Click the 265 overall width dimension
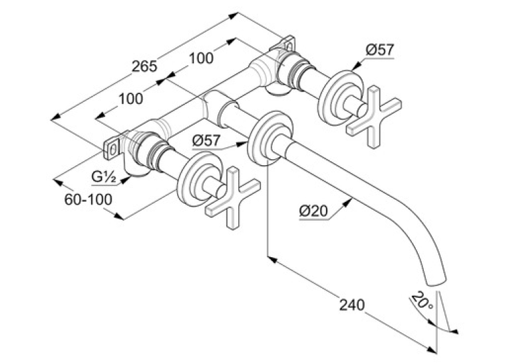[x=144, y=67]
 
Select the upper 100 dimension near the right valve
[x=201, y=58]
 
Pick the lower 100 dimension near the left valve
[x=130, y=99]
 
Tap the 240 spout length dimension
[x=352, y=305]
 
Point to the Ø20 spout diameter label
[x=314, y=212]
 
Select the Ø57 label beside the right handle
[x=380, y=50]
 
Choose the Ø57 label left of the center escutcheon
[x=206, y=141]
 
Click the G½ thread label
[x=104, y=177]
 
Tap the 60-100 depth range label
[x=88, y=199]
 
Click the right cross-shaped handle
[x=374, y=117]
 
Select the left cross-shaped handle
[x=233, y=198]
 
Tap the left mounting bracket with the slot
[x=112, y=149]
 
